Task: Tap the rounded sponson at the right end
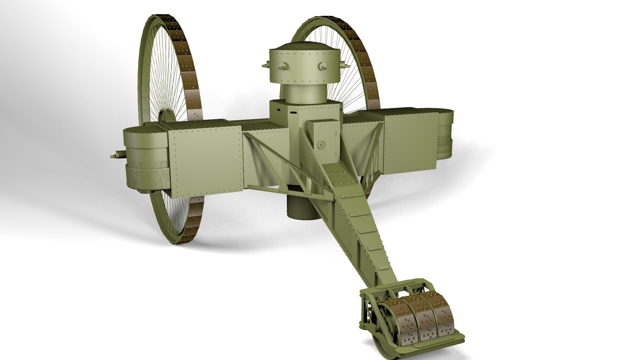[445, 135]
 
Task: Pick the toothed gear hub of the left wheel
[166, 117]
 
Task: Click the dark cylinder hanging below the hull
[302, 207]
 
